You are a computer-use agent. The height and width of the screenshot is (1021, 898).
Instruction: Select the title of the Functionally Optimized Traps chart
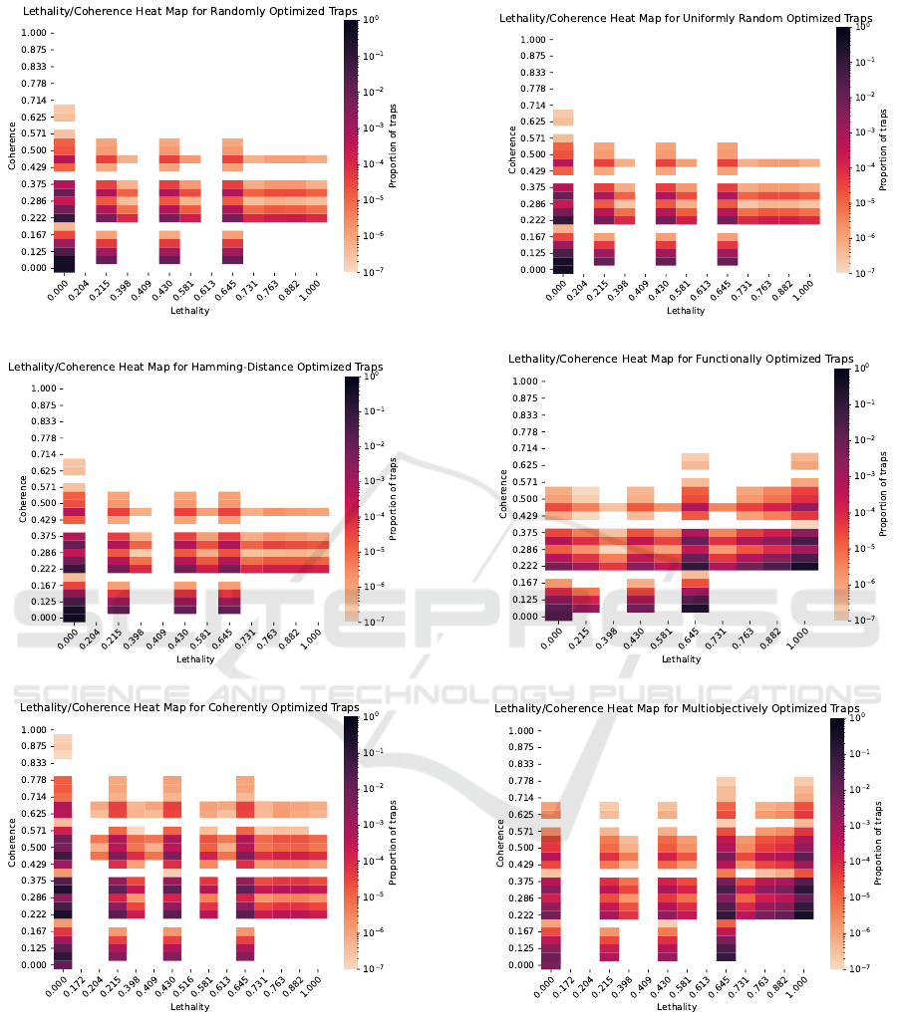coord(681,359)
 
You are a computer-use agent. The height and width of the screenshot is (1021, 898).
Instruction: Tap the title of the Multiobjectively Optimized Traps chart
coord(677,708)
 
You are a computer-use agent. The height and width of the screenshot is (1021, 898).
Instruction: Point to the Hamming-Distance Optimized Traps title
coord(195,367)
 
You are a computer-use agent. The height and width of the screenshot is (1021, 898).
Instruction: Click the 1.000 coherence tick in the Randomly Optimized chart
coord(33,33)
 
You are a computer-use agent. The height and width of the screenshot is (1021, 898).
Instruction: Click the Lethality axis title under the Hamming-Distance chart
coord(194,659)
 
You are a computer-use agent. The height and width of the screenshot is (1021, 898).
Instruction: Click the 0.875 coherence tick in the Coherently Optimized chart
coord(33,746)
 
